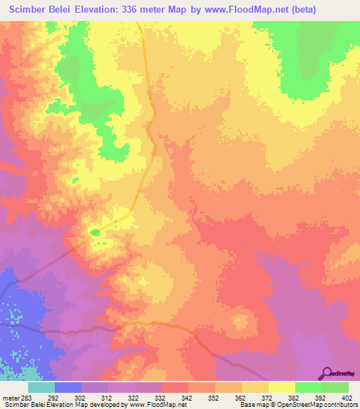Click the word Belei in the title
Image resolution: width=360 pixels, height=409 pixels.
70,10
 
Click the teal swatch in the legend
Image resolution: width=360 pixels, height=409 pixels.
41,387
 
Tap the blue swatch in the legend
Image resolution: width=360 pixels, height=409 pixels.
68,387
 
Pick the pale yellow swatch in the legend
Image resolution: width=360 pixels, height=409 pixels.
282,387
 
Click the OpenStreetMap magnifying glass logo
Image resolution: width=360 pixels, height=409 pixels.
327,373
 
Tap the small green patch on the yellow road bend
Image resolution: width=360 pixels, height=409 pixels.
95,231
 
